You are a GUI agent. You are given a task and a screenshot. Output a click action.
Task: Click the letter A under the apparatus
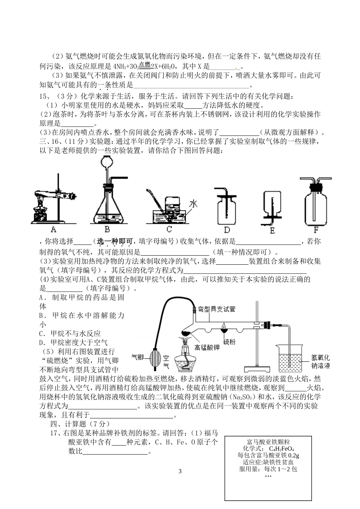[53, 229]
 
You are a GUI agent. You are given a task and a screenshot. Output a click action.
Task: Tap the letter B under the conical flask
[107, 229]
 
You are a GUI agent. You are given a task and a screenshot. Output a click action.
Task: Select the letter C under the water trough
[169, 229]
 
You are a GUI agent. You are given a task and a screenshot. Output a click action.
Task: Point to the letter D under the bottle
[227, 229]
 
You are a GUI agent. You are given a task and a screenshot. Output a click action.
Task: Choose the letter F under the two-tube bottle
[316, 229]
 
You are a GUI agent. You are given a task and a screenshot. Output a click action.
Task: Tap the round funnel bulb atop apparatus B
[107, 163]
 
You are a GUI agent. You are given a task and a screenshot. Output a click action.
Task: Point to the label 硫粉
[230, 342]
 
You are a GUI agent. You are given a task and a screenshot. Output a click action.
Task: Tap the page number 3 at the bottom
[180, 471]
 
